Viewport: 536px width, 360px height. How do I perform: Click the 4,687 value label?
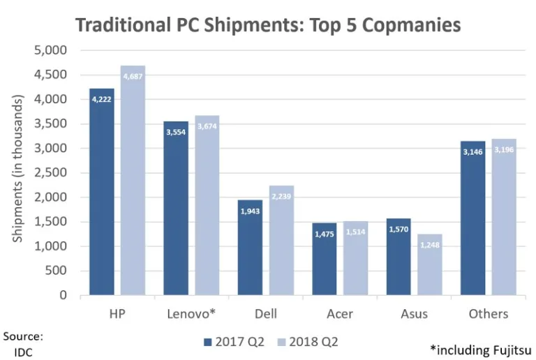pyautogui.click(x=133, y=77)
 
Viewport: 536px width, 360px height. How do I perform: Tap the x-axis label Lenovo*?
pyautogui.click(x=191, y=314)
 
